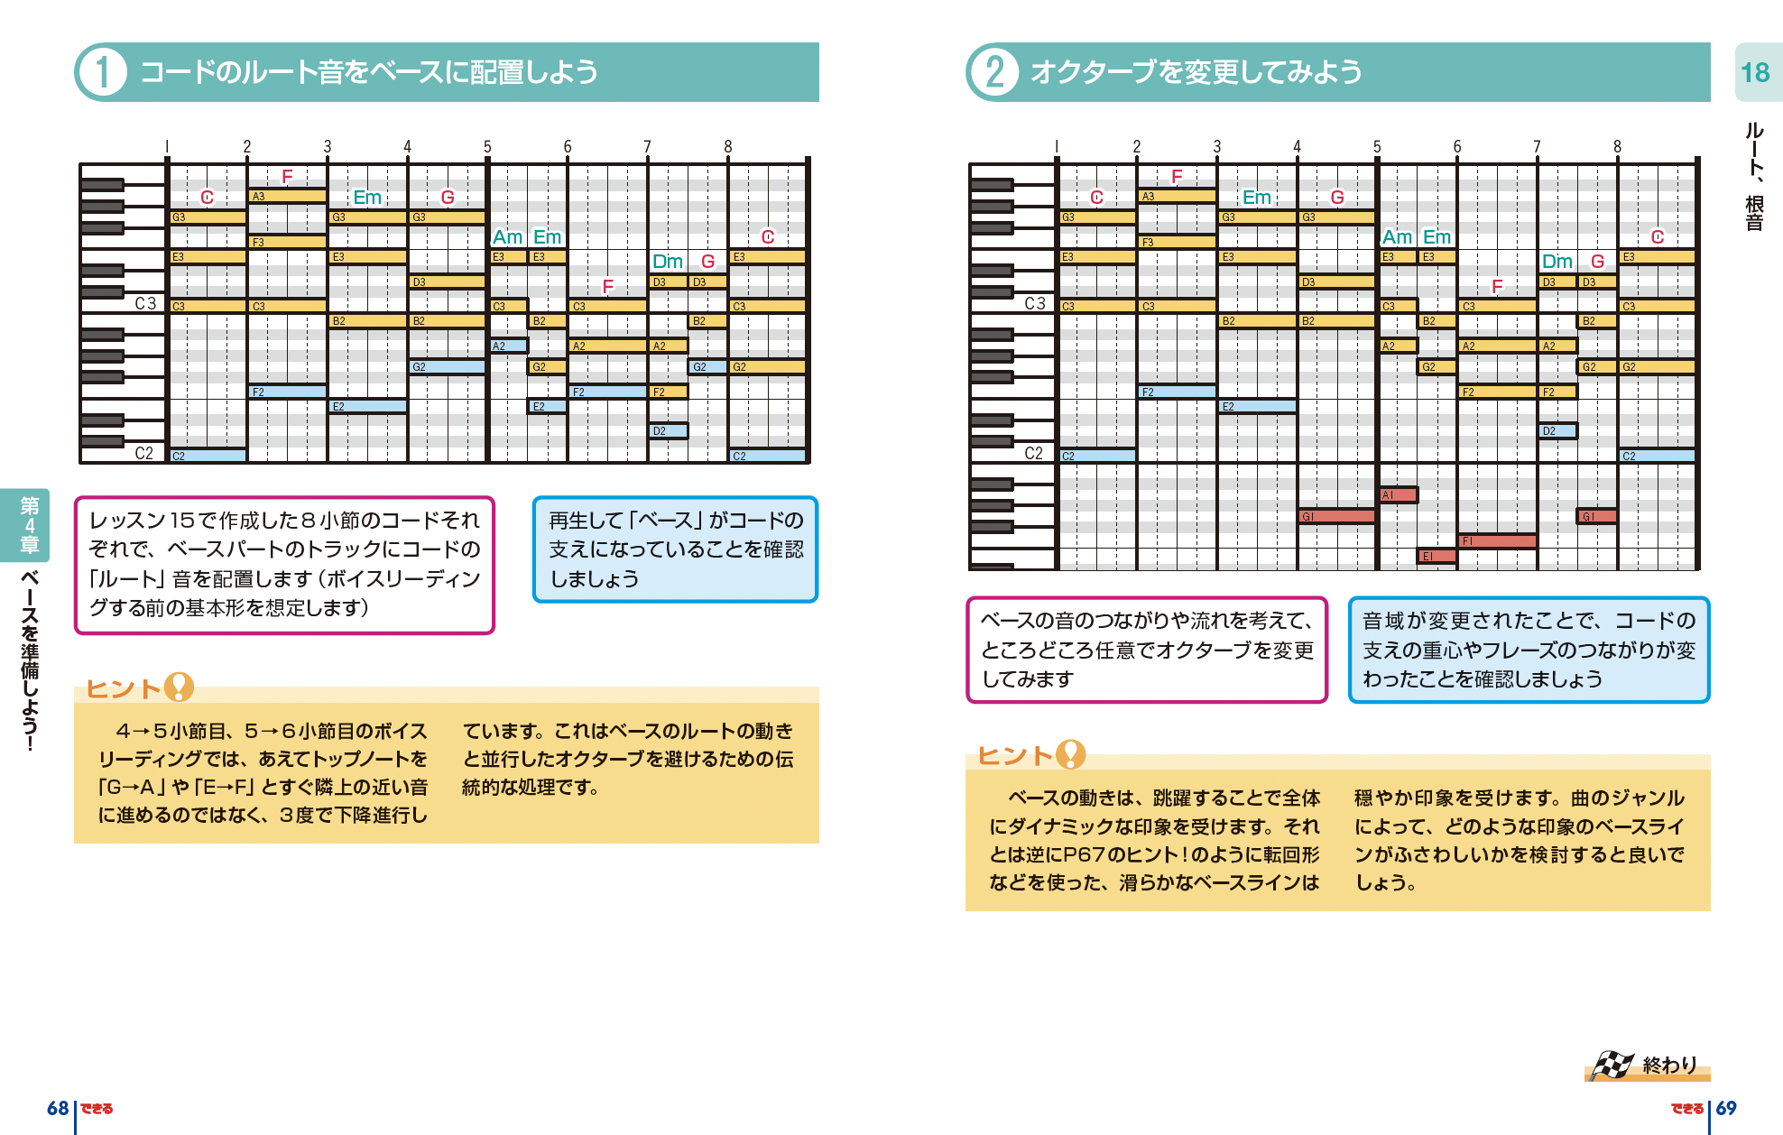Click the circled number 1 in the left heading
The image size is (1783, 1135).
coord(102,72)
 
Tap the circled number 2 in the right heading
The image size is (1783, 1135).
coord(993,72)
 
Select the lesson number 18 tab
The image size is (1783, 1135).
coord(1754,73)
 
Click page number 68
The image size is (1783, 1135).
coord(58,1108)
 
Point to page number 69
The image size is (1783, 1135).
coord(1726,1108)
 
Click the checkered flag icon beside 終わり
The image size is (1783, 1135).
coord(1611,1066)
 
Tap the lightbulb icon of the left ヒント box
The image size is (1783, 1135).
coord(179,687)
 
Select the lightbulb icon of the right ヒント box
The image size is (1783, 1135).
coord(1070,753)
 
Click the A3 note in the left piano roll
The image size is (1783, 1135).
coord(287,196)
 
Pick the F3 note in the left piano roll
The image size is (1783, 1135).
coord(287,242)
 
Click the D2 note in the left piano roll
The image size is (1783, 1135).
coord(668,431)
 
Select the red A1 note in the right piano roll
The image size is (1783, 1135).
coord(1398,494)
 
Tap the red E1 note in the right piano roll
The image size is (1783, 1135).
coord(1437,556)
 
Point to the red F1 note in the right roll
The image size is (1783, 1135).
coord(1497,540)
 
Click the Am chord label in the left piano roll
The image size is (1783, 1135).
coord(507,237)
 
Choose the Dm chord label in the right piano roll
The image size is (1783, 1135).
coord(1557,262)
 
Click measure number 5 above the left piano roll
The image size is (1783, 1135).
coord(487,146)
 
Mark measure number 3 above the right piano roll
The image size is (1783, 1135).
coord(1216,146)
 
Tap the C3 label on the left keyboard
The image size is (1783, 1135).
coord(145,303)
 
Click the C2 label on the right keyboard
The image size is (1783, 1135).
coord(1033,453)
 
